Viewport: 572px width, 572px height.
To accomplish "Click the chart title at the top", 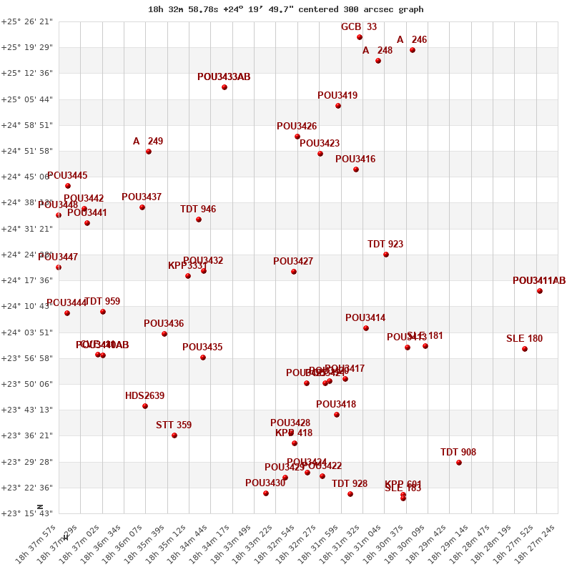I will [x=286, y=9].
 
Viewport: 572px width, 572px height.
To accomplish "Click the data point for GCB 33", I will [x=360, y=37].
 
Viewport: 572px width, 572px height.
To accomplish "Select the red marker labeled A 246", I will [x=413, y=50].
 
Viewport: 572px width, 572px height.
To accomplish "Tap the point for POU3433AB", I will [x=225, y=87].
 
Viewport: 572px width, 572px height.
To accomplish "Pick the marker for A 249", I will [x=149, y=152].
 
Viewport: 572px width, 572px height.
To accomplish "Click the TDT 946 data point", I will [x=199, y=220].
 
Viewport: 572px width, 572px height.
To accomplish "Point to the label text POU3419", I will [x=337, y=95].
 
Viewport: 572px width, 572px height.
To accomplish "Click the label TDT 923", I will [x=385, y=244].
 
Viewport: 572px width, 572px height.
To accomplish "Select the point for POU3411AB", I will [x=540, y=291].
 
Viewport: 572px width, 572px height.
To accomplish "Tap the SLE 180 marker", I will [x=525, y=349].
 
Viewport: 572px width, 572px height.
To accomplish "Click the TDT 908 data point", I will [x=459, y=463].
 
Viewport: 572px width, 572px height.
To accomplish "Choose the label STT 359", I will [x=174, y=425].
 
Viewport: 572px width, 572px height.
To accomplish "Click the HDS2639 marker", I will [x=145, y=406].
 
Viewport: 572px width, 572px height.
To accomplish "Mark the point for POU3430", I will [x=266, y=493].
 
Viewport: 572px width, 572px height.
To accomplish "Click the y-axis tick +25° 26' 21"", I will [x=27, y=21].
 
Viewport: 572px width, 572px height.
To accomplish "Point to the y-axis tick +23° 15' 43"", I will [x=27, y=513].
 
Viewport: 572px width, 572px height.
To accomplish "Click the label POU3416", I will [x=355, y=159].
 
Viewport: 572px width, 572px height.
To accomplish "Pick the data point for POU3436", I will [x=164, y=334].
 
